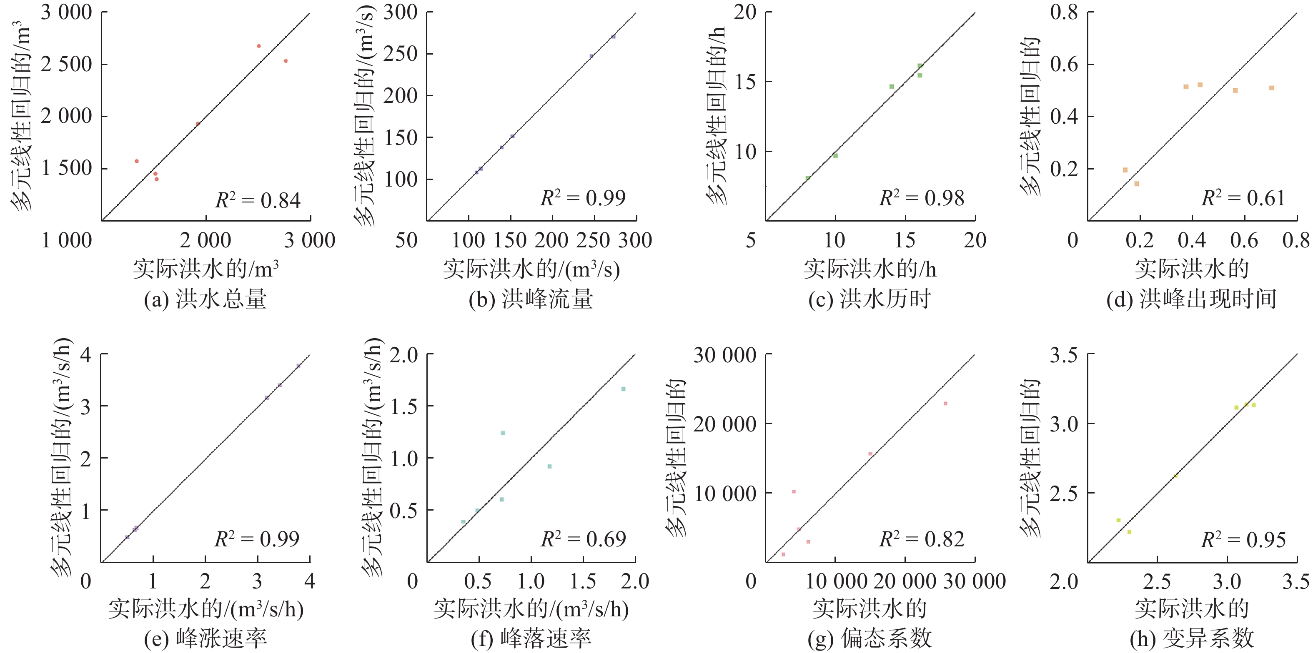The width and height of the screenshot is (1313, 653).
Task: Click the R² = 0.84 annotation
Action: pyautogui.click(x=258, y=200)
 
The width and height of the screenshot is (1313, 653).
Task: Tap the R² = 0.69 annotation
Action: pyautogui.click(x=583, y=539)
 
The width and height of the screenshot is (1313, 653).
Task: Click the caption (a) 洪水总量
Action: pyautogui.click(x=205, y=299)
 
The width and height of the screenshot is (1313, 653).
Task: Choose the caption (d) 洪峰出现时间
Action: pyautogui.click(x=1191, y=299)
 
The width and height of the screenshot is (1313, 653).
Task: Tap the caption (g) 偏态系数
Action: pyautogui.click(x=869, y=638)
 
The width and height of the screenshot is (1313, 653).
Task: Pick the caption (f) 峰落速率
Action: pyautogui.click(x=531, y=638)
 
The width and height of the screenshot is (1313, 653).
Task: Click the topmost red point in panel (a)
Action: pyautogui.click(x=258, y=46)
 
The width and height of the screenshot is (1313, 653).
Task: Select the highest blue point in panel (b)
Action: pyautogui.click(x=613, y=37)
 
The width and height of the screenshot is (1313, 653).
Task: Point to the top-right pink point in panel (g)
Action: pyautogui.click(x=945, y=404)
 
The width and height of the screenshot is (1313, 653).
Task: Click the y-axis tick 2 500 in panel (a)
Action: pyautogui.click(x=66, y=65)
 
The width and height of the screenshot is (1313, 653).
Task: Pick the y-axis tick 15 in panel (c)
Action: pyautogui.click(x=745, y=82)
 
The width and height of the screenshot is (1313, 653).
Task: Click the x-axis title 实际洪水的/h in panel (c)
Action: pyautogui.click(x=869, y=269)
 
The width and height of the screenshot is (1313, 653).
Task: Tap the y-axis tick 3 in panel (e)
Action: pyautogui.click(x=85, y=406)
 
